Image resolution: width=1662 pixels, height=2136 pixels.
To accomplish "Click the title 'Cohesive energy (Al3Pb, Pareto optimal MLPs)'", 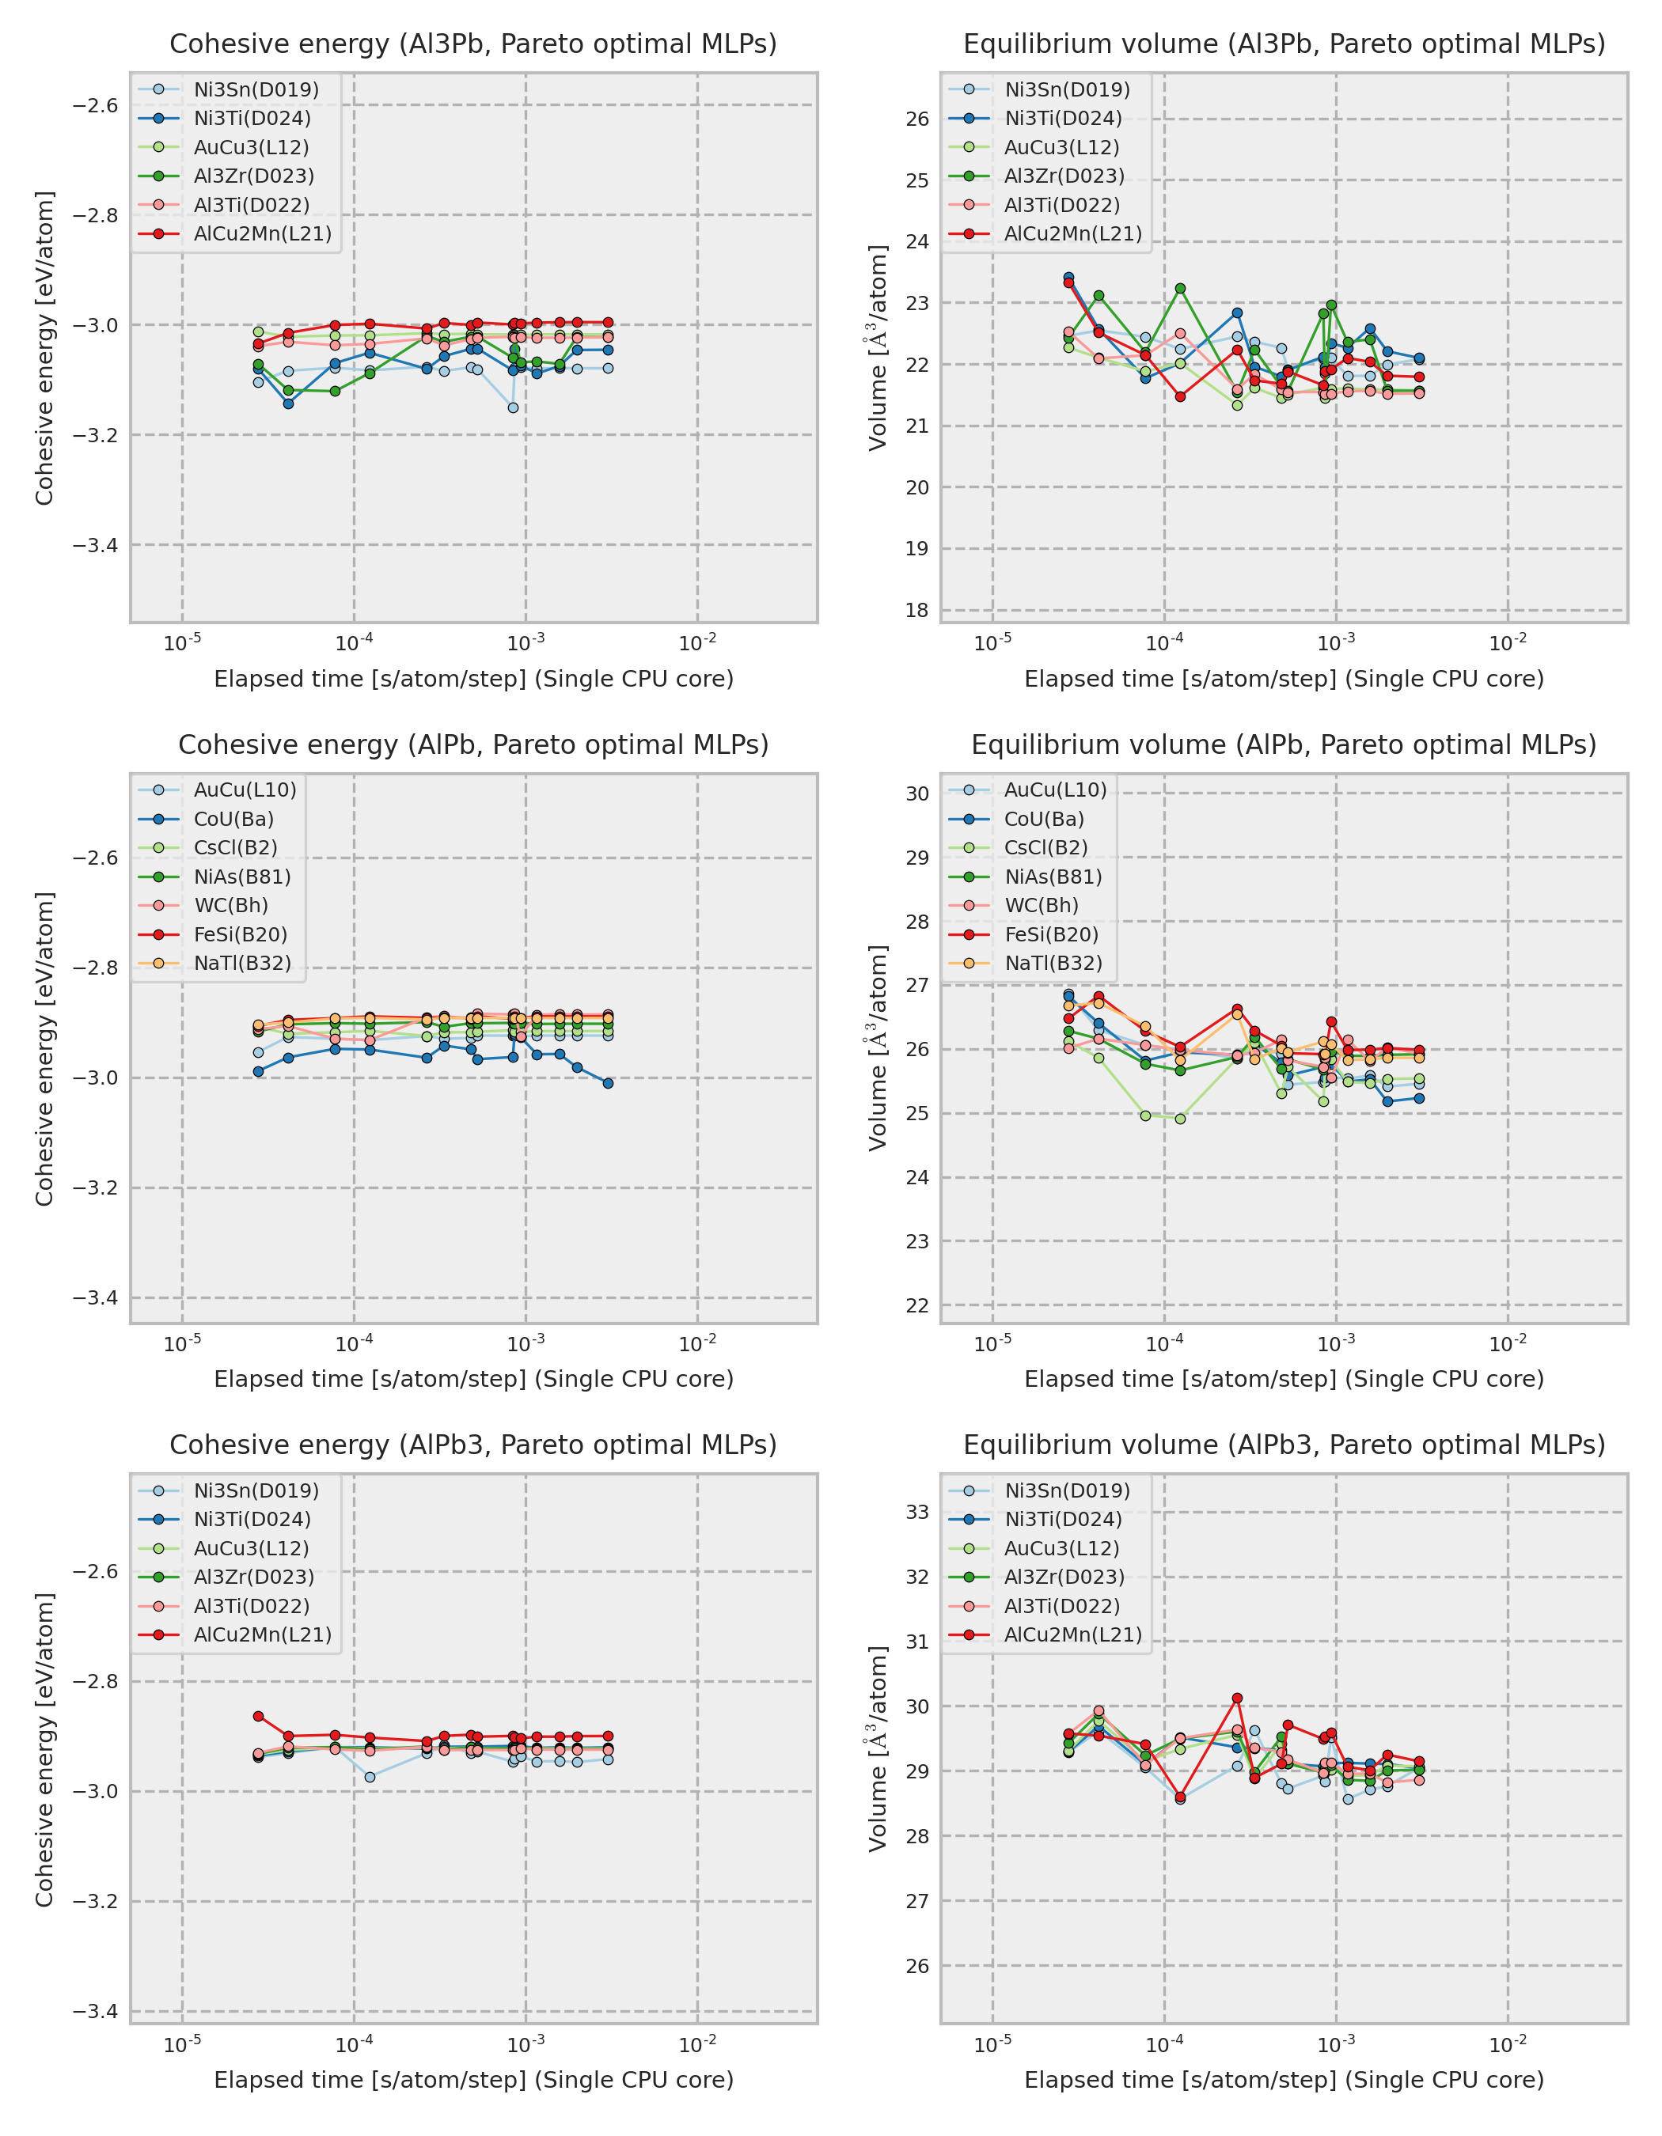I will (x=473, y=44).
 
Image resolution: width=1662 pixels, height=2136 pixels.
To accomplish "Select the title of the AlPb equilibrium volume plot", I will (x=1284, y=744).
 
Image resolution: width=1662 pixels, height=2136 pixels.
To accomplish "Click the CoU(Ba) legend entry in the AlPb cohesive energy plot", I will (x=233, y=819).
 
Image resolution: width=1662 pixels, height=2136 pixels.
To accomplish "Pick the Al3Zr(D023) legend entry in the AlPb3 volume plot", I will (x=1064, y=1577).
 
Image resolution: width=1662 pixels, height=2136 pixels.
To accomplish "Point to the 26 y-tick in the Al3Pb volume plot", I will (x=916, y=119).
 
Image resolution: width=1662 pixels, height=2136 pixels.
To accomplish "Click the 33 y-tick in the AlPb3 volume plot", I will (x=916, y=1512).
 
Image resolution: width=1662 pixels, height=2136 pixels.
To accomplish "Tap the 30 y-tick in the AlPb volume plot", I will (x=916, y=793).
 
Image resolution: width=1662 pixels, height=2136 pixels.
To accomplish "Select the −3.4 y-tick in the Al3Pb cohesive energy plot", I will (x=96, y=545).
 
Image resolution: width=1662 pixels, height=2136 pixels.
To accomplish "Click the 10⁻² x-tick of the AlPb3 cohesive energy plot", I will (x=697, y=2044).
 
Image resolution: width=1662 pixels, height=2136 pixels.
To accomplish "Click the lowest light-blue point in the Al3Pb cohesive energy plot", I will (x=514, y=408).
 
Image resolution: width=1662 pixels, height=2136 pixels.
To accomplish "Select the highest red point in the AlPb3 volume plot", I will (x=1238, y=1699).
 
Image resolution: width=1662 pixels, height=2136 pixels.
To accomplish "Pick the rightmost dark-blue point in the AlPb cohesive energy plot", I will (x=609, y=1083).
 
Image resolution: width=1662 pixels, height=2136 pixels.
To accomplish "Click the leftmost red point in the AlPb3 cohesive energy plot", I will (x=258, y=1717).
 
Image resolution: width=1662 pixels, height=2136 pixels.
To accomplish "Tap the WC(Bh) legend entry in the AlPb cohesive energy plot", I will (x=231, y=905).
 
